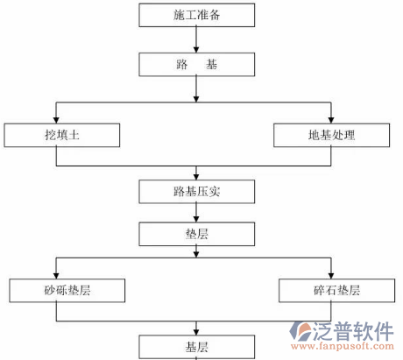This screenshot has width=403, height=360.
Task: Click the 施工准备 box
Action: click(197, 15)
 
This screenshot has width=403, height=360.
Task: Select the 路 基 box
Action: click(197, 64)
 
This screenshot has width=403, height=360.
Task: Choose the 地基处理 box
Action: click(330, 136)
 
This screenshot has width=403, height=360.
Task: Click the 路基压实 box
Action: click(197, 189)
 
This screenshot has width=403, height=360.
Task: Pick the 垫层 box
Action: click(197, 233)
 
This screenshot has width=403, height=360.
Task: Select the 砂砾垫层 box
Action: click(67, 290)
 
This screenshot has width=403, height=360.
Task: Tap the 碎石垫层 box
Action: click(331, 290)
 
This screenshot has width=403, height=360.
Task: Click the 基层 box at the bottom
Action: click(197, 346)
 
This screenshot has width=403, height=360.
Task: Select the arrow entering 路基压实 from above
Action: click(197, 173)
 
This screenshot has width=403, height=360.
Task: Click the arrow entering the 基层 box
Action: click(197, 327)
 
